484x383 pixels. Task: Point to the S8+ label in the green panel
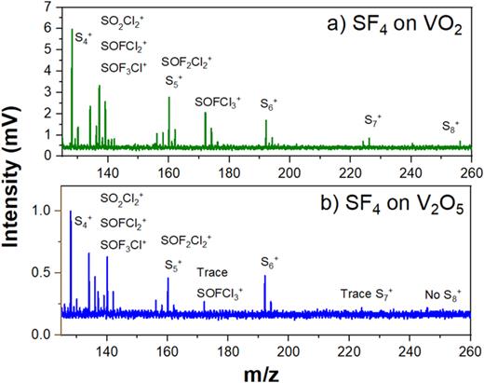click(451, 125)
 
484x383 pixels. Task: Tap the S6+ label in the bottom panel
click(268, 278)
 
